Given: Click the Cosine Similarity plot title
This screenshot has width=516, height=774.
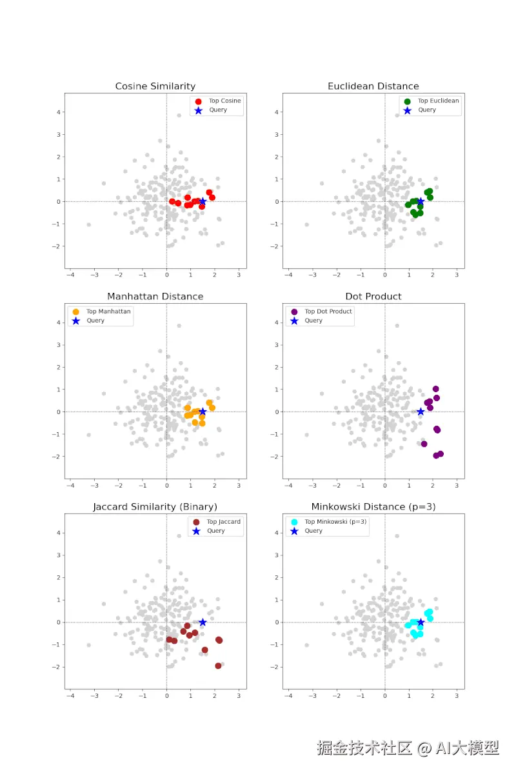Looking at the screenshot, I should [155, 86].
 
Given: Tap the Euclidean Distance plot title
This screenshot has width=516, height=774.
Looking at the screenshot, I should [373, 86].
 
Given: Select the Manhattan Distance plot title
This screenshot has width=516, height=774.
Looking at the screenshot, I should [155, 297].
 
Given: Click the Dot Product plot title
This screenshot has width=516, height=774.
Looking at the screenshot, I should [373, 297].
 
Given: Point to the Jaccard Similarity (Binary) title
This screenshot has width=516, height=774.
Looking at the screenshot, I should [155, 507].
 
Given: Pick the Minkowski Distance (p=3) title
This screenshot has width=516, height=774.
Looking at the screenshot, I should [373, 507].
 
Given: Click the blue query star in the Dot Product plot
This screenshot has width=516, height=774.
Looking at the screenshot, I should [421, 412].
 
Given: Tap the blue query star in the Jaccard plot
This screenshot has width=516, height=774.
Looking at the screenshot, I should [203, 622].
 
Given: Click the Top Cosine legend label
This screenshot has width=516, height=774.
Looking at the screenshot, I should [224, 101].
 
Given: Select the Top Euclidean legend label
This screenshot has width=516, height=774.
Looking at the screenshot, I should [438, 101].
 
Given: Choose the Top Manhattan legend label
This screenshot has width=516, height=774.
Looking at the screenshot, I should [108, 312].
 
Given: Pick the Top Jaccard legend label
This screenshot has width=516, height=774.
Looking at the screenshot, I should [223, 522].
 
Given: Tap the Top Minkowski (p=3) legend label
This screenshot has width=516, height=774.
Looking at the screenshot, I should [335, 522].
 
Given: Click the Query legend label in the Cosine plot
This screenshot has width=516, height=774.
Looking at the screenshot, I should [218, 110].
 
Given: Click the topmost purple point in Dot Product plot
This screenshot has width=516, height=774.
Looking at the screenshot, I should [435, 389].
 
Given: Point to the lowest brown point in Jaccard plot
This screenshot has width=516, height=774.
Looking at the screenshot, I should [218, 666].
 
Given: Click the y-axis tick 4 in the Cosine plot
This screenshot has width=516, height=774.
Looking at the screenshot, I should [59, 112].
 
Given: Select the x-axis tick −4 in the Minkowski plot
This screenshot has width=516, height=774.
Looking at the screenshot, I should [288, 696].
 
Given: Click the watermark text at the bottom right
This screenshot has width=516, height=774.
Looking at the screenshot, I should [408, 748].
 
